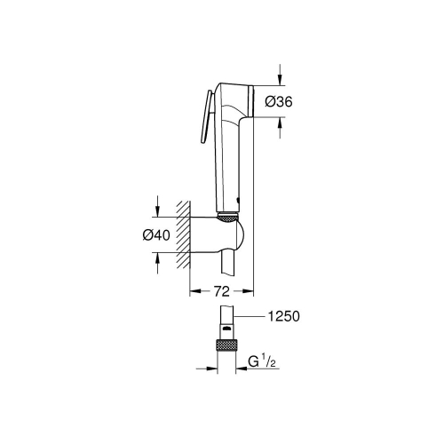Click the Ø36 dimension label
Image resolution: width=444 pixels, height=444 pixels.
278,103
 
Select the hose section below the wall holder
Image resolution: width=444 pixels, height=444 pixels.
230,263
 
